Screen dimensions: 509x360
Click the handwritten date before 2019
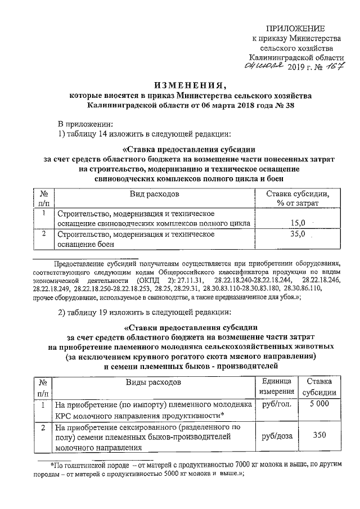265,67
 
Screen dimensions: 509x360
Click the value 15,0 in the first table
298,223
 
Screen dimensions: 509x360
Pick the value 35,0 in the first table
298,233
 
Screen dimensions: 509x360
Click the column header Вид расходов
153,194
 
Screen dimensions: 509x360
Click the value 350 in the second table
319,435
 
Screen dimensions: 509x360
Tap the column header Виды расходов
153,382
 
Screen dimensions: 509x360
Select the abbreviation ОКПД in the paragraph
147,280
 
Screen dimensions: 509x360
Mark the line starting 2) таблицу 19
153,313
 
